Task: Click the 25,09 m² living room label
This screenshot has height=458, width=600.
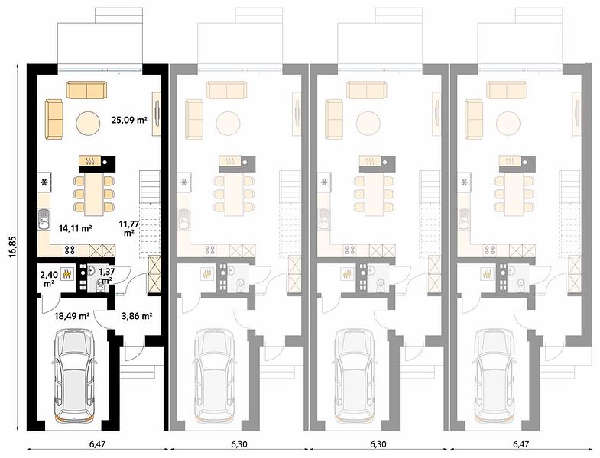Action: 129,120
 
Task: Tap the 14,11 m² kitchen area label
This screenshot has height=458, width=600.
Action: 75,228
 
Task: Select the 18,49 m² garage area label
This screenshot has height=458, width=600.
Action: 72,316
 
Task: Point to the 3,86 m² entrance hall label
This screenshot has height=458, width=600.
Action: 137,316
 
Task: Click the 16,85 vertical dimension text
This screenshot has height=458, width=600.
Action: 13,247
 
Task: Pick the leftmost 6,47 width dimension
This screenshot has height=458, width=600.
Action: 98,443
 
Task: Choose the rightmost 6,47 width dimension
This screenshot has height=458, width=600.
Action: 521,443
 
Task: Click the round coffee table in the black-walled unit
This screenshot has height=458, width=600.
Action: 89,123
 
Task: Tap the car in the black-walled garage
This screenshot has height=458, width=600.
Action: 74,376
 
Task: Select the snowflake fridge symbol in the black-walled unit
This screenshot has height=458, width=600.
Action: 45,182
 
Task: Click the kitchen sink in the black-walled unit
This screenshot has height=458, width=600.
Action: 44,219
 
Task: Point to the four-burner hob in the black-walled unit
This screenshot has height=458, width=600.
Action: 70,250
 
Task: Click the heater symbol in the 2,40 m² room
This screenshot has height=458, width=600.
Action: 68,273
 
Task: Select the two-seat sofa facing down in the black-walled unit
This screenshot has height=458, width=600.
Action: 87,90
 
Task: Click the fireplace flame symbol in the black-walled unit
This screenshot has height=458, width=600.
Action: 90,160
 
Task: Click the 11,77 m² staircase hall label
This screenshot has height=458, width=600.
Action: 128,227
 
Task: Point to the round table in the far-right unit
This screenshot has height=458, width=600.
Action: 508,123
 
